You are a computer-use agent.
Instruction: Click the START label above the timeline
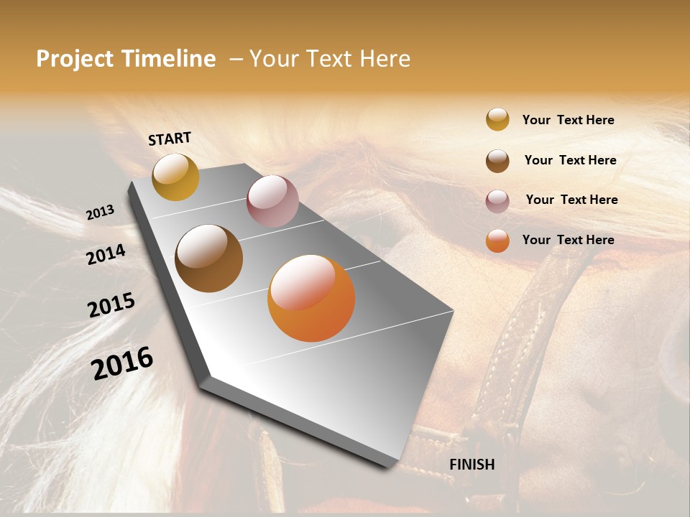coord(170,139)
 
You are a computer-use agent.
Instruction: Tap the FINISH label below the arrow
coord(471,465)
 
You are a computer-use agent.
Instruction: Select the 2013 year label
coord(100,213)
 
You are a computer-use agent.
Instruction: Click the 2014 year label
coord(106,254)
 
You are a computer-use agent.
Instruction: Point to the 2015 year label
coord(111,305)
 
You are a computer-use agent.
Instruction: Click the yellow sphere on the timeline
coord(175,177)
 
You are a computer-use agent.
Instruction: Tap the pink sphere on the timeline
coord(272,200)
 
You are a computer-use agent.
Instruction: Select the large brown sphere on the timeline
coord(208,258)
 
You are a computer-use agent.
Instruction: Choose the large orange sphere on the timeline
coord(311,298)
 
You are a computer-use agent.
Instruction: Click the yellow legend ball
coord(497,120)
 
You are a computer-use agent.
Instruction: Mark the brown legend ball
coord(497,161)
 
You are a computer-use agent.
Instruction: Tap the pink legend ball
coord(497,201)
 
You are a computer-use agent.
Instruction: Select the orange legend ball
coord(497,241)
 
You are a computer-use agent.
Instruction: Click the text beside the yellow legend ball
coord(568,120)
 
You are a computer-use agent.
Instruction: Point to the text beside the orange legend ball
coord(568,240)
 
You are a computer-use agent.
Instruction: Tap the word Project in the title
coord(74,59)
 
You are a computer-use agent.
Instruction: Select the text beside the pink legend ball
coord(571,200)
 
